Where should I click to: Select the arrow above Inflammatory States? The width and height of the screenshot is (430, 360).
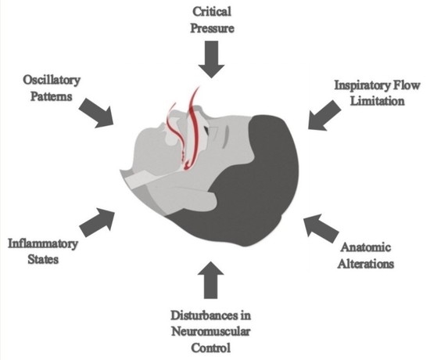click(100, 220)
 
